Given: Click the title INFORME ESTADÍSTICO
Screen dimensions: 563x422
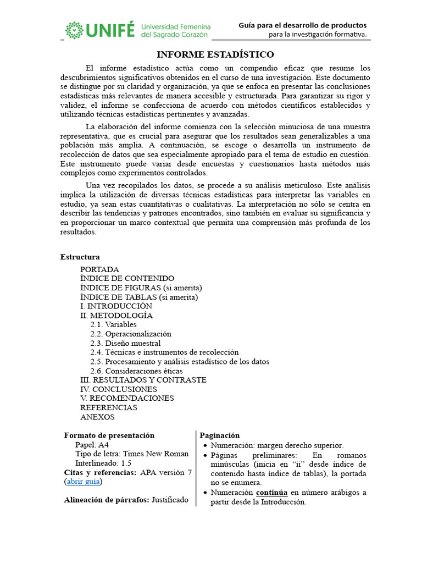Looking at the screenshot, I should [x=215, y=54].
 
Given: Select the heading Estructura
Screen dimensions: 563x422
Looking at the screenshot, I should [x=80, y=257].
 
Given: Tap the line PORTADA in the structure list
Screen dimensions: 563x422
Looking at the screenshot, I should [x=99, y=269].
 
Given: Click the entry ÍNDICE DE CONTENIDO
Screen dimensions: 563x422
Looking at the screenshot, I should [x=127, y=279].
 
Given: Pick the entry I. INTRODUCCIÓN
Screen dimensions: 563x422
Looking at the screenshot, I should [x=116, y=306].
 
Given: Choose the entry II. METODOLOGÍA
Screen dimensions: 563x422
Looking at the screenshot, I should [x=116, y=316].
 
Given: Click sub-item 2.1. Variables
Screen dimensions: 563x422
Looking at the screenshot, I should [x=114, y=324].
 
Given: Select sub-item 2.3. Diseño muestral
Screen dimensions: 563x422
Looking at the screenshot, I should [x=125, y=343].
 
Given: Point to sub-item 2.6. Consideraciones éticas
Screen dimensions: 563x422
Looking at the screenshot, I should [x=137, y=371].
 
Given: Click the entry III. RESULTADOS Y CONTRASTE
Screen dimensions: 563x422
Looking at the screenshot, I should [x=143, y=380].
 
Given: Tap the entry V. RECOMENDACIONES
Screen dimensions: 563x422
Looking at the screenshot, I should [x=127, y=398].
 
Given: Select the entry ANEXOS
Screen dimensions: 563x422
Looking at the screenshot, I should [x=97, y=417].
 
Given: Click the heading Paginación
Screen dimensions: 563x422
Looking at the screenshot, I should [x=219, y=435].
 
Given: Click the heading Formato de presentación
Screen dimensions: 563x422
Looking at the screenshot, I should [x=109, y=435].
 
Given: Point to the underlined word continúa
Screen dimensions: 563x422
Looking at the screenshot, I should [x=271, y=493].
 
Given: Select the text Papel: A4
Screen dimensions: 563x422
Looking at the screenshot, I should [x=93, y=445].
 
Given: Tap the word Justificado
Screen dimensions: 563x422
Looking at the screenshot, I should [x=170, y=500].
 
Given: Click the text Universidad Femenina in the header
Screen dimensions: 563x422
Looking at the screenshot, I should [x=175, y=26].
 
